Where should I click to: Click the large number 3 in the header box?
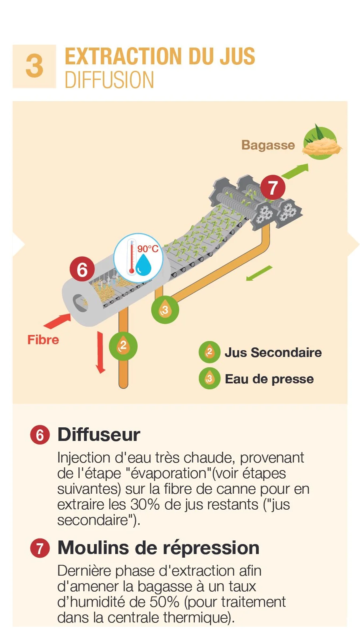[34, 66]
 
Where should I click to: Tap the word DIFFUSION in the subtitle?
[110, 80]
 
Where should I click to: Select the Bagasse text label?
[268, 145]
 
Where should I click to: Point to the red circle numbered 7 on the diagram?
[272, 188]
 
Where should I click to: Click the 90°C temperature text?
[148, 249]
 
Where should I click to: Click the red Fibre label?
[43, 340]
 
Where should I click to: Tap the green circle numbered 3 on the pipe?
[165, 310]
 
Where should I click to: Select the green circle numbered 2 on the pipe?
[123, 346]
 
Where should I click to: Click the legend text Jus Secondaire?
[273, 353]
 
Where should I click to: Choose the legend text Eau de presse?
[269, 379]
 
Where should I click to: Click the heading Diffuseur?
[99, 435]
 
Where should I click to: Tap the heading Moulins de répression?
[158, 548]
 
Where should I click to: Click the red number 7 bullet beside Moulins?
[40, 548]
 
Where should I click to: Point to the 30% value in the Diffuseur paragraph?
[145, 504]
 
